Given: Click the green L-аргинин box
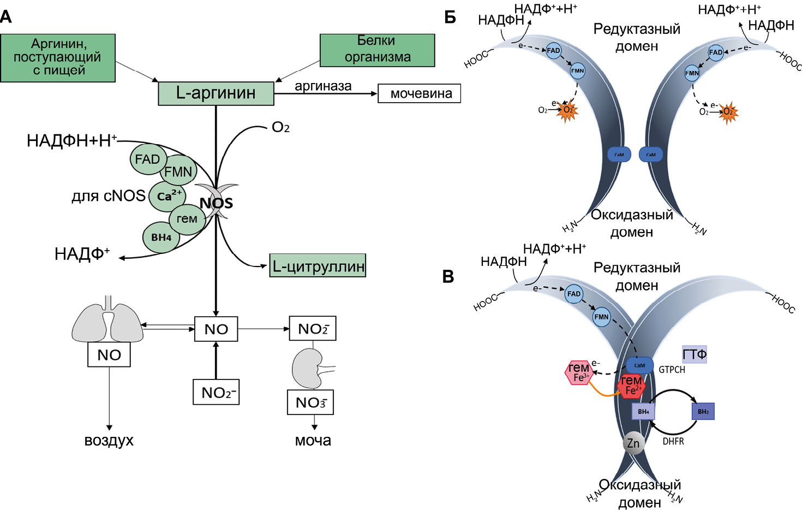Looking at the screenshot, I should pos(216,93).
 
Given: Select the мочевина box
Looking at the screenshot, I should pos(419,93).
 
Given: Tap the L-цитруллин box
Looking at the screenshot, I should pos(318,265).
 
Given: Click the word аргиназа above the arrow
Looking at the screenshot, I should pos(323,86).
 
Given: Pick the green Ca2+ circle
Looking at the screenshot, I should pos(167,196).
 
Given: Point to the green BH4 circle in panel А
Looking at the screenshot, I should pos(161,238).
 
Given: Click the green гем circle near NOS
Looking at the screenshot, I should pos(187,219).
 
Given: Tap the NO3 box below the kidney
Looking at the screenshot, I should pos(310,402).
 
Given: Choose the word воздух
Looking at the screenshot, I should pos(109,441).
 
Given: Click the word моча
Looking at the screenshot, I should pos(313,441).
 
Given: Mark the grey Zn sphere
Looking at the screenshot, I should pos(633,443).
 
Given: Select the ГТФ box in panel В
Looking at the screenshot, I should pos(695,354).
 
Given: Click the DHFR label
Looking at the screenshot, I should pos(673,441).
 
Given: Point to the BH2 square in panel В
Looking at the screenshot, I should pos(703,411).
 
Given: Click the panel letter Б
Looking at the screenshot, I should pos(450,17).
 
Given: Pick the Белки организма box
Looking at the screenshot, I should pos(377,50).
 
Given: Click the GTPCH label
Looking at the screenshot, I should pos(672,370).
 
